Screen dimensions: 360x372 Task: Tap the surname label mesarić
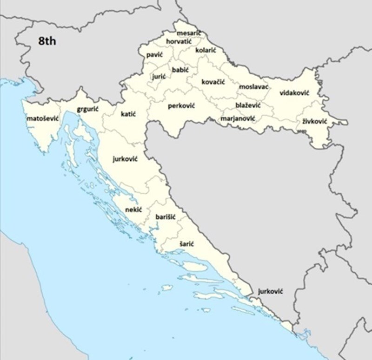(x=189, y=33)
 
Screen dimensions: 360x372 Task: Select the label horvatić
(x=179, y=42)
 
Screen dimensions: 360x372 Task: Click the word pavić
(x=154, y=55)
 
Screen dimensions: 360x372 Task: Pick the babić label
(x=180, y=70)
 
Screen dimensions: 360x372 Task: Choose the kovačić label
(x=213, y=82)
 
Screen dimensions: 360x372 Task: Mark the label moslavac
(x=254, y=87)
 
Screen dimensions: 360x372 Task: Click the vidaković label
(x=294, y=93)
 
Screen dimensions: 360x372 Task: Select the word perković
(x=181, y=106)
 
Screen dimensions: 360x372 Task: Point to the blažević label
(x=248, y=105)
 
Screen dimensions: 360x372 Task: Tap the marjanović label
(x=238, y=118)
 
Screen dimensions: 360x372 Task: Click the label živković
(x=315, y=121)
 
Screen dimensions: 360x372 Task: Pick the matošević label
(x=42, y=118)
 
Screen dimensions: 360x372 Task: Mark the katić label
(x=128, y=114)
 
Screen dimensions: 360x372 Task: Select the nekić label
(x=133, y=210)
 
